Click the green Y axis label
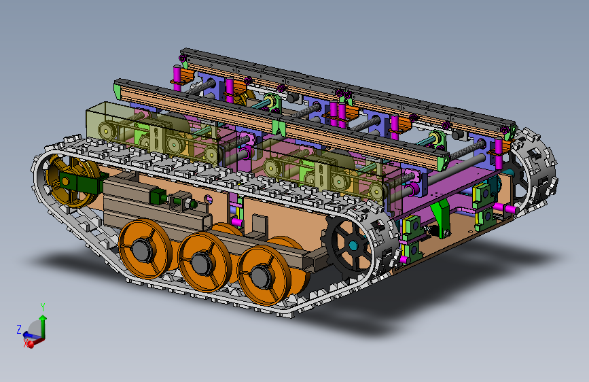tap(43, 307)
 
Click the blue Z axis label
tap(19, 330)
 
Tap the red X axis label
tap(26, 343)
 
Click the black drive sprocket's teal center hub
tap(353, 246)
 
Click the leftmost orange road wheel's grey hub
tap(141, 249)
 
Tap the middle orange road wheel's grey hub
tap(200, 263)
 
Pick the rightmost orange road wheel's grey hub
tap(260, 277)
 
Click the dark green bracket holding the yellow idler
tap(80, 183)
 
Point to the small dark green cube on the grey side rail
tap(158, 196)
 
